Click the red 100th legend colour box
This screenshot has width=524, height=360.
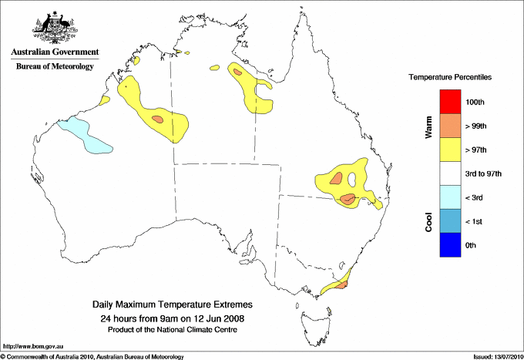[x=450, y=102]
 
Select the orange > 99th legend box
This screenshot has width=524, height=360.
[x=450, y=126]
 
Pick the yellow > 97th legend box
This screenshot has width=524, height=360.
[x=450, y=150]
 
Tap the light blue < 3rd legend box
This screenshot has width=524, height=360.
[x=450, y=197]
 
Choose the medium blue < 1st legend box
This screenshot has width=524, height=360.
[x=450, y=221]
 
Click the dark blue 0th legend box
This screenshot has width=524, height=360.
[x=450, y=245]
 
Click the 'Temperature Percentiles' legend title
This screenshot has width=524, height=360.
[x=450, y=79]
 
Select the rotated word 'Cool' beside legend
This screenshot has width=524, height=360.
[x=428, y=221]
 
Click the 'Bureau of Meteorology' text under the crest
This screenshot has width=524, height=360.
[x=55, y=66]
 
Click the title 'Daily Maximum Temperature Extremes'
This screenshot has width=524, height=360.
[x=173, y=305]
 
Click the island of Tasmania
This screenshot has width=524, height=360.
[x=315, y=320]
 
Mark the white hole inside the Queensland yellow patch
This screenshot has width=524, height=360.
[x=352, y=180]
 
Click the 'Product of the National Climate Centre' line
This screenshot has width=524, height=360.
[x=173, y=330]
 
